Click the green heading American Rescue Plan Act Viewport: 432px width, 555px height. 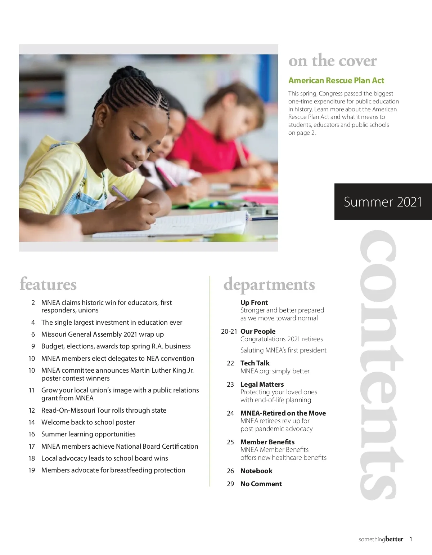336,80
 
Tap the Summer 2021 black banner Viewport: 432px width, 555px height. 383,202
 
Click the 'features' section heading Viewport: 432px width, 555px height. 48,284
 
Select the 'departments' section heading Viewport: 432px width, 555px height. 269,284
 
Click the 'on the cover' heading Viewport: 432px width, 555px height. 332,61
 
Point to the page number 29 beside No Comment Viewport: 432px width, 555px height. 230,484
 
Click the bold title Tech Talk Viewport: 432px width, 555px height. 255,363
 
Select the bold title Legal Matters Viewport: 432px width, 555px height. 262,384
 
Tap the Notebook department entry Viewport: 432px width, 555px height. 256,471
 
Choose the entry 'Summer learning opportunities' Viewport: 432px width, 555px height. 89,434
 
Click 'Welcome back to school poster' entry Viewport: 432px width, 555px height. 88,422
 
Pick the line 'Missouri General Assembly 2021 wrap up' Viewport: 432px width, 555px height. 103,334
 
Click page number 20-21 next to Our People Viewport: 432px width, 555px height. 229,331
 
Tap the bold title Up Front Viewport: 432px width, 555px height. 254,302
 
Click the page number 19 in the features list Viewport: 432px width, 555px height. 32,470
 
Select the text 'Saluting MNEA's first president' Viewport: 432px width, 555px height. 283,350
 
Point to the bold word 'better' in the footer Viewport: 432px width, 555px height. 394,539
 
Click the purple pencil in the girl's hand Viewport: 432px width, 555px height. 121,194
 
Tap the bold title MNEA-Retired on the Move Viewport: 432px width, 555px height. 283,413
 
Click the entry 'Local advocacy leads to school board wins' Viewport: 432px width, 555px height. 105,458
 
